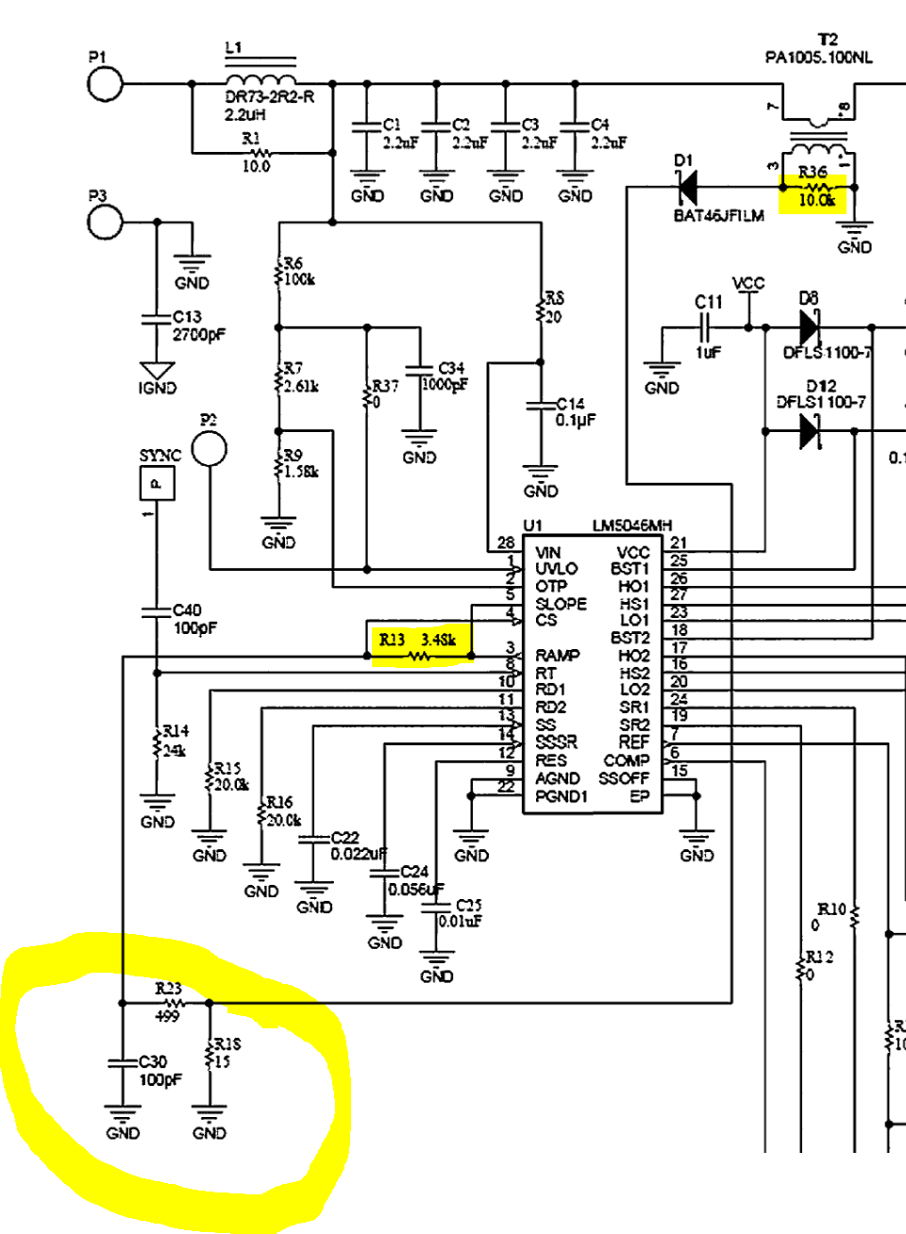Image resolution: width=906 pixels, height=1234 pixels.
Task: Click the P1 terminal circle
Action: pos(106,84)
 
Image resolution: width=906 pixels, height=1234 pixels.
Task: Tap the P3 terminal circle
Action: pos(106,222)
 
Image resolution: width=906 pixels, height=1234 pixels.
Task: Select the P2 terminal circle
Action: pos(209,449)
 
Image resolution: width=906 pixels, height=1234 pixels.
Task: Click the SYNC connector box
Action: pos(157,484)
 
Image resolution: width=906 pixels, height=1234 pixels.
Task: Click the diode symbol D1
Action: pos(687,188)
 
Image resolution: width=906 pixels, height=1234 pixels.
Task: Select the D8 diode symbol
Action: pos(809,327)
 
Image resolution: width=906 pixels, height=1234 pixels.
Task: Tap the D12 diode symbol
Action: pos(809,431)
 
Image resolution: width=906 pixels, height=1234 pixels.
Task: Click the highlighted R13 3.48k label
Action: pos(418,641)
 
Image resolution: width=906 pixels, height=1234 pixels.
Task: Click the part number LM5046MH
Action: pos(631,525)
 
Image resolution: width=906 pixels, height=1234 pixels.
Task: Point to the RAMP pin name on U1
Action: pos(558,655)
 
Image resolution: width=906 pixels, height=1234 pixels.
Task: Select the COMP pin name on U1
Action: pos(626,760)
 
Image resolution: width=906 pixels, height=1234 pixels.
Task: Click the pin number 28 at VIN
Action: pos(506,542)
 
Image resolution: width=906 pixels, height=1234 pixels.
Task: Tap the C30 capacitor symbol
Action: pos(123,1062)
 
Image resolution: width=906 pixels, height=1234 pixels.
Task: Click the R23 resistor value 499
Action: pos(167,1016)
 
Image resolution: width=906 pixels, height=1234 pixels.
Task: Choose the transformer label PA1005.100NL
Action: pos(818,58)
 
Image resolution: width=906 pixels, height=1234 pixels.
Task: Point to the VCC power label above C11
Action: pos(748,283)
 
